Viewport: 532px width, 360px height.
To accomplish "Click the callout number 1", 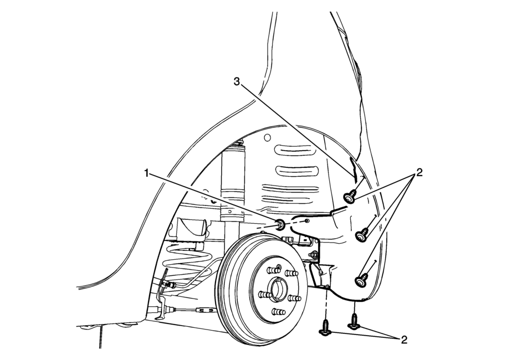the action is point(146,173).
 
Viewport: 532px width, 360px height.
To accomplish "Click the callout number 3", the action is point(237,81).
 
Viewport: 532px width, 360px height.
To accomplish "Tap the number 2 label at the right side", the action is point(420,173).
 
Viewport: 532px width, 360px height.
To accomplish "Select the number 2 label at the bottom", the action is point(404,340).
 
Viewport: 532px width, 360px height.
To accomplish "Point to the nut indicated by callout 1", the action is point(281,224).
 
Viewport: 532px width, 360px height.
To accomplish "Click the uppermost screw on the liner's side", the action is point(350,197).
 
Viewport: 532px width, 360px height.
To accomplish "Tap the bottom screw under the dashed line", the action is point(326,328).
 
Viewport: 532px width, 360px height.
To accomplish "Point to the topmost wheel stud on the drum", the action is point(278,269).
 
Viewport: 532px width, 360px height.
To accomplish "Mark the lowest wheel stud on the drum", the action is point(278,311).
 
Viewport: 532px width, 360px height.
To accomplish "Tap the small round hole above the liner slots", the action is point(267,137).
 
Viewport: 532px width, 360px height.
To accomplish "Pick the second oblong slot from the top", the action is point(297,171).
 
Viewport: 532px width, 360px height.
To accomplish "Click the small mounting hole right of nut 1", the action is point(307,220).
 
